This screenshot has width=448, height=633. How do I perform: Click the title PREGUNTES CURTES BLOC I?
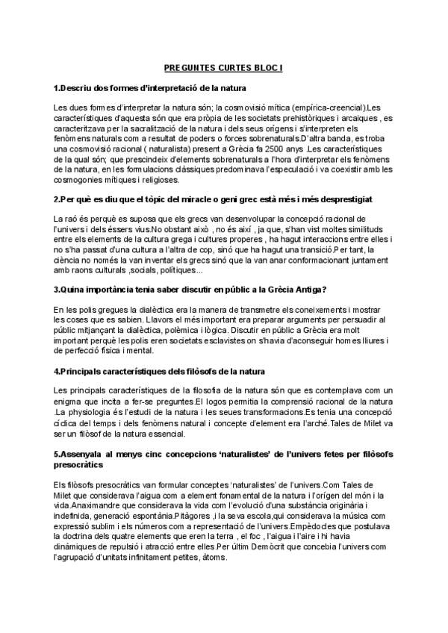click(x=224, y=66)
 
